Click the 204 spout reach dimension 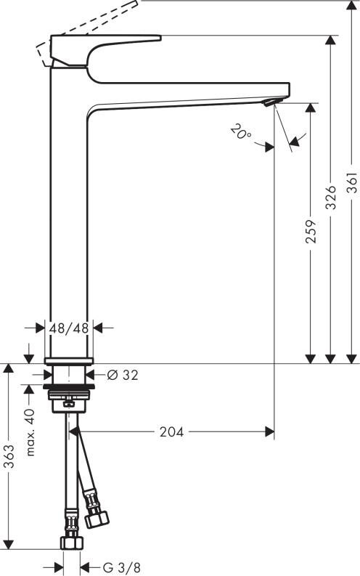tap(172, 432)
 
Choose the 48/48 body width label tap(69, 328)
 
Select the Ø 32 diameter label tap(122, 376)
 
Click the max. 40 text tap(30, 431)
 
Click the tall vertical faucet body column tap(68, 218)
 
